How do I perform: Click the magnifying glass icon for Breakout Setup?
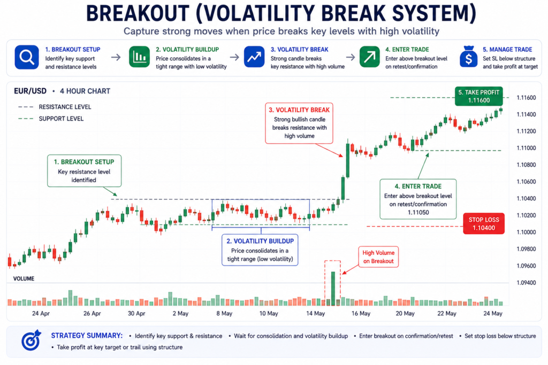click(x=27, y=57)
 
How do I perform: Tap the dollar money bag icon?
click(x=469, y=57)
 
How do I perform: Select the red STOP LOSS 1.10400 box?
click(x=484, y=224)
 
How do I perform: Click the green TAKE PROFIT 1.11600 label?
click(x=479, y=96)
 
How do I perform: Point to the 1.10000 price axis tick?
click(x=526, y=232)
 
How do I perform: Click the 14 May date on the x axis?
click(x=315, y=313)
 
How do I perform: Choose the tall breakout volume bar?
click(x=333, y=289)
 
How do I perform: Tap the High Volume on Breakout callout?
click(x=378, y=257)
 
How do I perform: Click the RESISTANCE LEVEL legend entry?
click(x=55, y=107)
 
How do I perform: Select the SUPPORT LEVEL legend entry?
click(x=51, y=119)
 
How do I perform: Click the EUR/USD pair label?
click(x=30, y=91)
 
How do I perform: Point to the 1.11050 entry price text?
click(x=418, y=213)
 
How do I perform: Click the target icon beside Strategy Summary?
click(x=31, y=340)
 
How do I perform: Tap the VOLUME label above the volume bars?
click(x=24, y=278)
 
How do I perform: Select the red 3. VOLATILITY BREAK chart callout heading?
click(x=299, y=110)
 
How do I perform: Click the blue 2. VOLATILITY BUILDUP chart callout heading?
click(x=260, y=241)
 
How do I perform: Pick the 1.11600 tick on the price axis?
click(x=526, y=98)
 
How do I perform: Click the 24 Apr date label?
click(x=41, y=313)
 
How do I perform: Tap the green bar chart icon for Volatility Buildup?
click(x=139, y=57)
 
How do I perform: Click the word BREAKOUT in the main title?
click(x=138, y=13)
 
